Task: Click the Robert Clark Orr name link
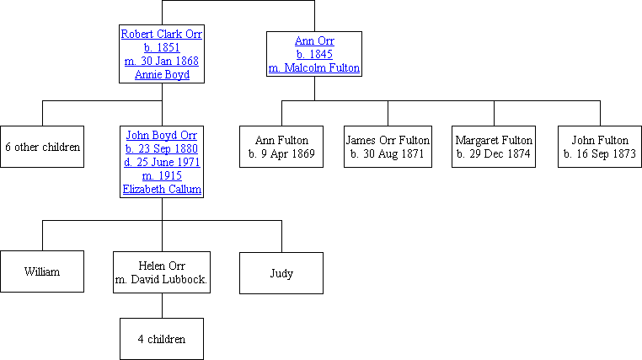point(162,34)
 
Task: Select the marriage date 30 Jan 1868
point(162,61)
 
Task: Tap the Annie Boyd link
point(162,74)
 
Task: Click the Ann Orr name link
point(313,40)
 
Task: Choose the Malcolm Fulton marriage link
point(313,67)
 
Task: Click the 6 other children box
point(42,147)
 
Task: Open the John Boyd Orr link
point(162,134)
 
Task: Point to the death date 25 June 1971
point(162,162)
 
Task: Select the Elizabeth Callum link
point(162,189)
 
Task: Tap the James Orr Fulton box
point(388,147)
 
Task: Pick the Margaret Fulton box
point(494,147)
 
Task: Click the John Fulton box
point(600,147)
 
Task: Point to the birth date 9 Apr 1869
point(281,154)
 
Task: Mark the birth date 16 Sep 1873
point(600,154)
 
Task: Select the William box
point(42,272)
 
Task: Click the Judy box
point(281,272)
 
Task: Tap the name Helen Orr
point(162,266)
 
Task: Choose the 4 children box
point(162,339)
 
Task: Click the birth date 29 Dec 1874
point(494,154)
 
